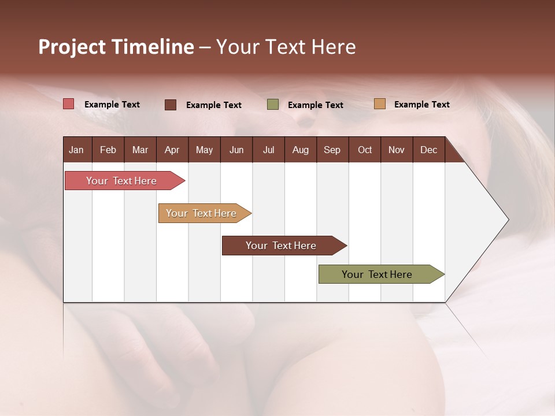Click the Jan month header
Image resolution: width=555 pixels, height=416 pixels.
(76, 150)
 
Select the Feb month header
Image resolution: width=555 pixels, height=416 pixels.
(108, 150)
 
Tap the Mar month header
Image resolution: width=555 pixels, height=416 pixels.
(140, 150)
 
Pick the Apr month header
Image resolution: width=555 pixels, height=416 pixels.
(172, 150)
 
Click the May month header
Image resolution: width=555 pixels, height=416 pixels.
(204, 150)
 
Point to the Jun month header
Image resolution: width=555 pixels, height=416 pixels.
(236, 150)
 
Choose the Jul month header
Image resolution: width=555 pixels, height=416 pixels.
(268, 150)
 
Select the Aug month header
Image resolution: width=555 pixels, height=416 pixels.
(300, 150)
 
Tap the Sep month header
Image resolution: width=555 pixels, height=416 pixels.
(332, 150)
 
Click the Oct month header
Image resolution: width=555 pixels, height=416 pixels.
(365, 150)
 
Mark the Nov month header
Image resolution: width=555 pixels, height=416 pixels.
(397, 150)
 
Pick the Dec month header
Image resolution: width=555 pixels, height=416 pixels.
(428, 150)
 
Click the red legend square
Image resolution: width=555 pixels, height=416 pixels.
(69, 104)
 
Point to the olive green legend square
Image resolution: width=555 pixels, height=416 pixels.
(273, 105)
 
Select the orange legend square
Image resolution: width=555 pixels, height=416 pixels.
(379, 104)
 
